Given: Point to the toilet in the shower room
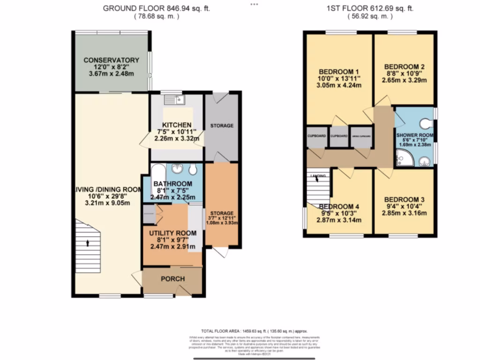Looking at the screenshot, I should (x=426, y=123).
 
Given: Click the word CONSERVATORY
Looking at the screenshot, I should (x=111, y=60).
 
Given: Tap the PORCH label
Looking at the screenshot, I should (x=172, y=279).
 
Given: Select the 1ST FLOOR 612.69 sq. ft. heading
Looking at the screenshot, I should (x=370, y=8).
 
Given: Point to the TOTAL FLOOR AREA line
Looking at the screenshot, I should (x=254, y=331).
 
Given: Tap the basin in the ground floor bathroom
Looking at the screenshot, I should (x=178, y=169).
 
